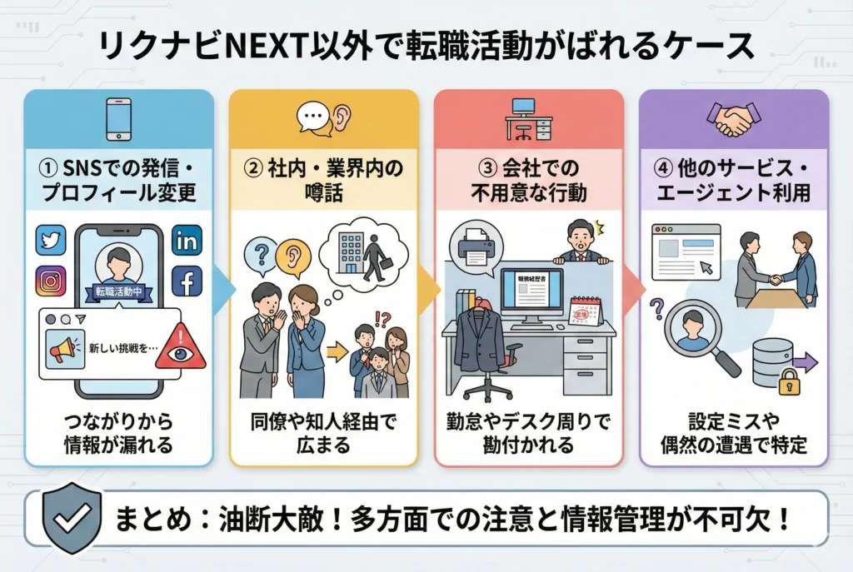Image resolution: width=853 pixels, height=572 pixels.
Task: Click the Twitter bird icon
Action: [x=51, y=240]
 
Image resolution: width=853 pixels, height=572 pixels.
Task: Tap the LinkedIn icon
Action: [x=186, y=240]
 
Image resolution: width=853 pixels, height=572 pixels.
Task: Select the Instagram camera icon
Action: [x=51, y=281]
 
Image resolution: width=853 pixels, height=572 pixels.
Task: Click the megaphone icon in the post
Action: [x=65, y=349]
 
